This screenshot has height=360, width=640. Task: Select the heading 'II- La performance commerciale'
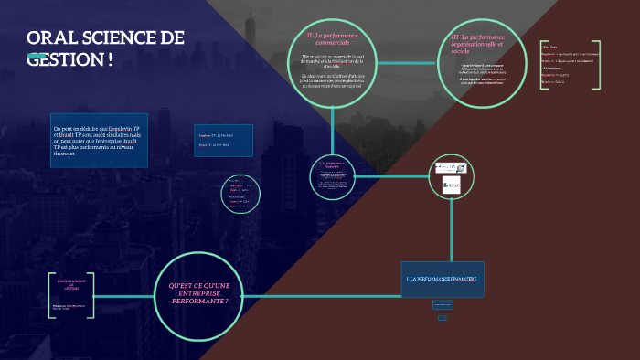332,38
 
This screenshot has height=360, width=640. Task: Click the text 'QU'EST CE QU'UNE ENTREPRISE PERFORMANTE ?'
199,293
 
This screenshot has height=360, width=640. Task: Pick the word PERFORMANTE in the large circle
199,300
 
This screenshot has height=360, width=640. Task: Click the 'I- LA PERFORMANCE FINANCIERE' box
443,278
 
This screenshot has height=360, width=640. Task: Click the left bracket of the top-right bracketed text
541,64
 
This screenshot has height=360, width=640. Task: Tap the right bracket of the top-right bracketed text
598,64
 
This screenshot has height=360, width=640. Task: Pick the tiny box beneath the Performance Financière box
443,317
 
